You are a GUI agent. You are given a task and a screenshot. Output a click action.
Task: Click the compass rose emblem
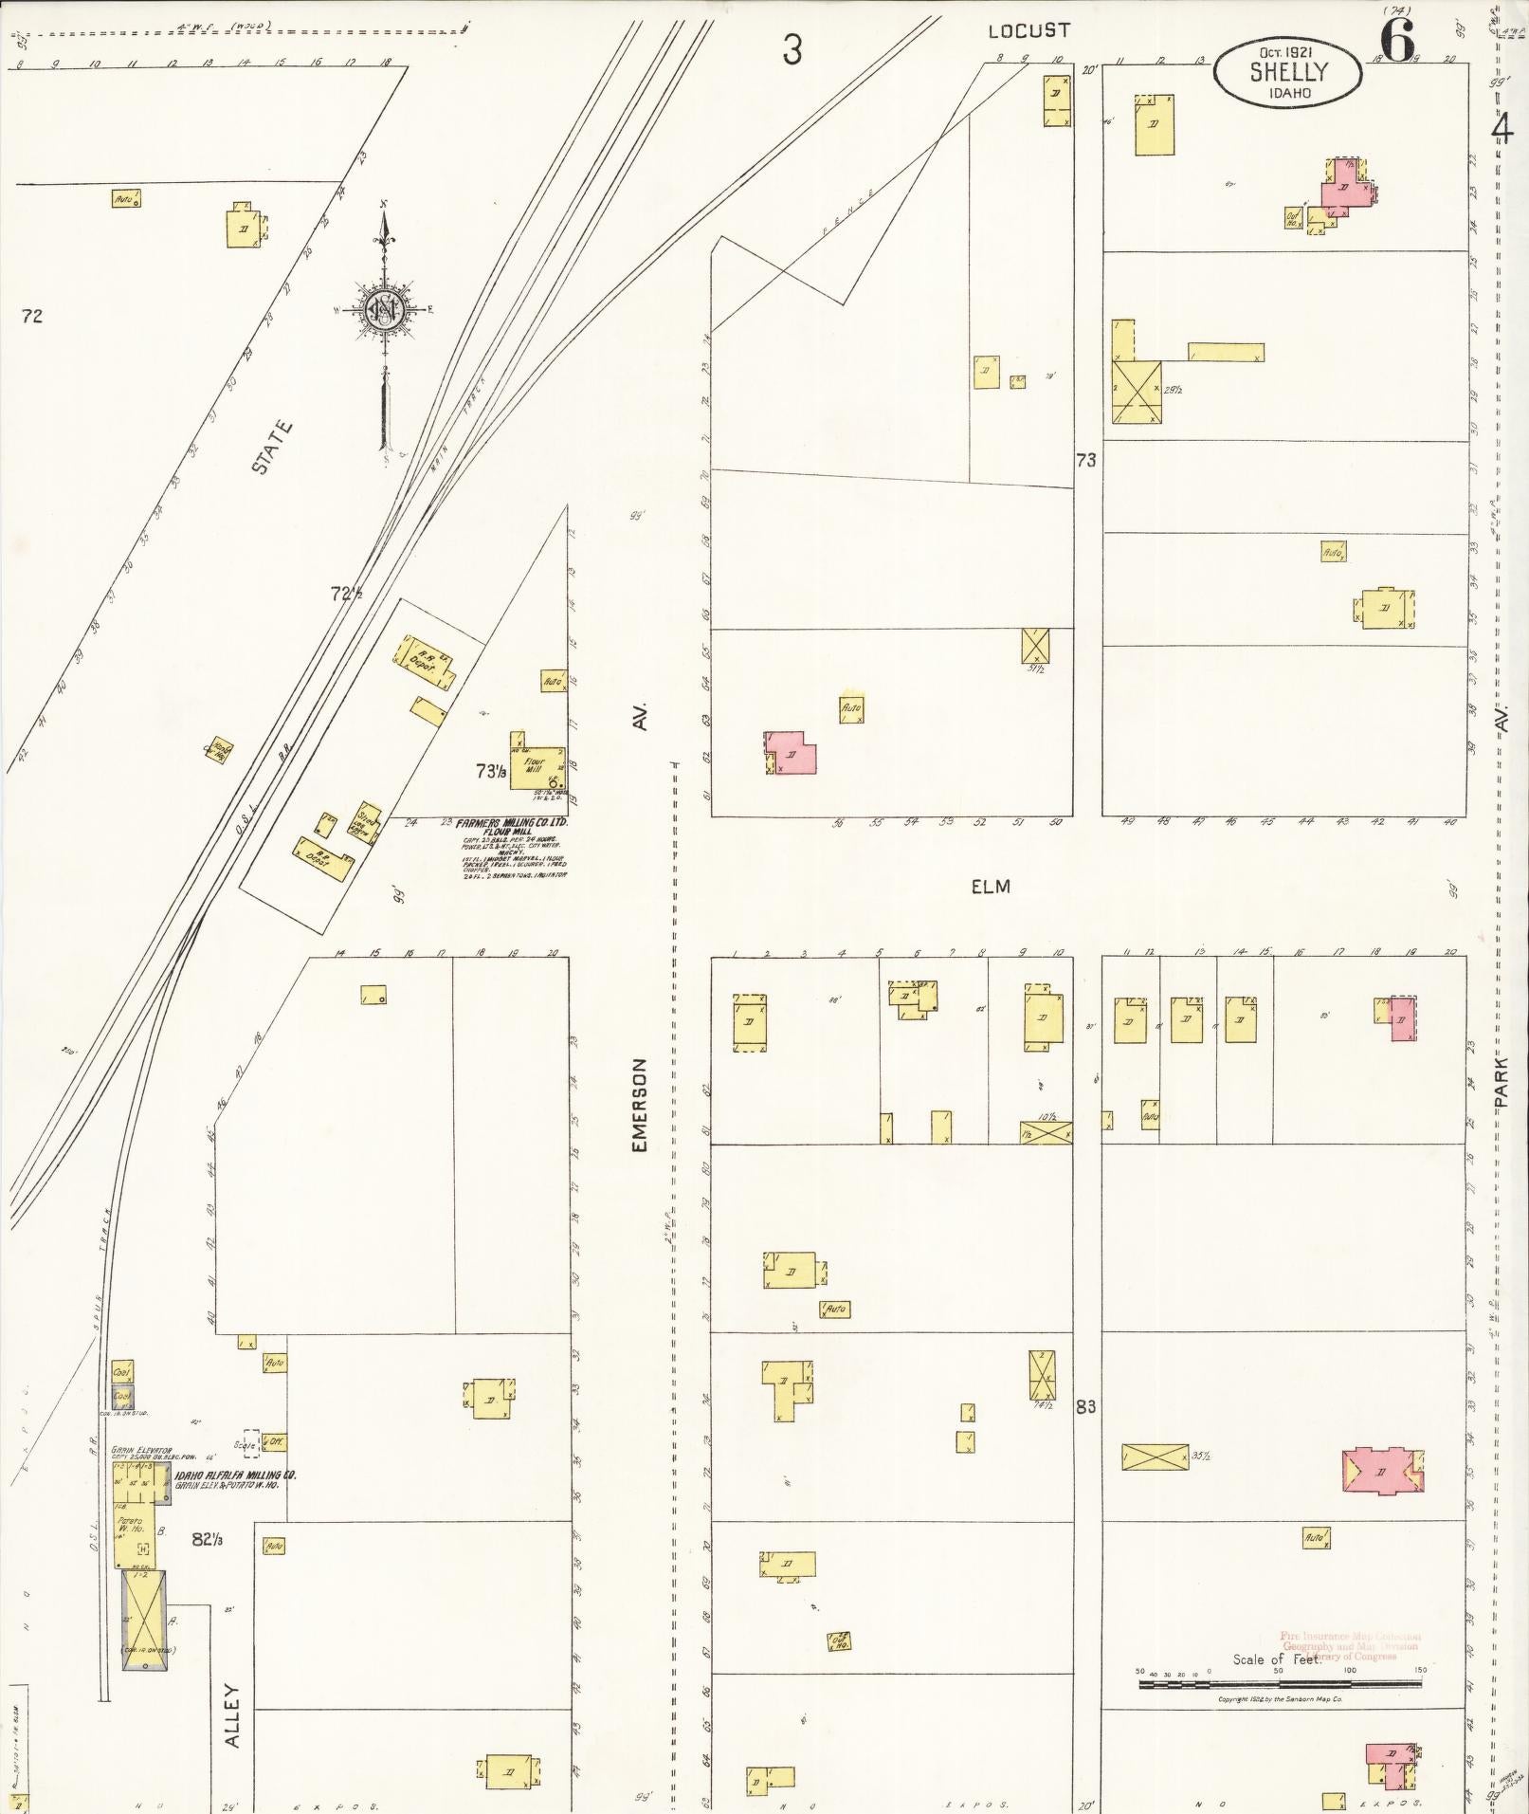pyautogui.click(x=385, y=309)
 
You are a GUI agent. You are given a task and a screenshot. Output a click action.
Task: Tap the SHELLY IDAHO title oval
pyautogui.click(x=1288, y=73)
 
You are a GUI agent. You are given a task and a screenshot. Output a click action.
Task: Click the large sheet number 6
pyautogui.click(x=1396, y=41)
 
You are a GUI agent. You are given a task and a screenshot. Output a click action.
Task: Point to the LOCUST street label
pyautogui.click(x=1028, y=31)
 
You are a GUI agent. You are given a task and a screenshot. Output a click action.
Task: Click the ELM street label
pyautogui.click(x=990, y=887)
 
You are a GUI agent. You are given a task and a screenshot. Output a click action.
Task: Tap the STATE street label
pyautogui.click(x=273, y=448)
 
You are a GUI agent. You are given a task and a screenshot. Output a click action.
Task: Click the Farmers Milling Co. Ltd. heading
pyautogui.click(x=512, y=823)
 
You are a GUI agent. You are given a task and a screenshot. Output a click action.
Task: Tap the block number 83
pyautogui.click(x=1085, y=1406)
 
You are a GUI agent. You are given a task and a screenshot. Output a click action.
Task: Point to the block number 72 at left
pyautogui.click(x=31, y=316)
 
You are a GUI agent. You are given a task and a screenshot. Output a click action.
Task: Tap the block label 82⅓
pyautogui.click(x=207, y=1537)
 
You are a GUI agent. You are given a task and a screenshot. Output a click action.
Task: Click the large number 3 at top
pyautogui.click(x=792, y=49)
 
